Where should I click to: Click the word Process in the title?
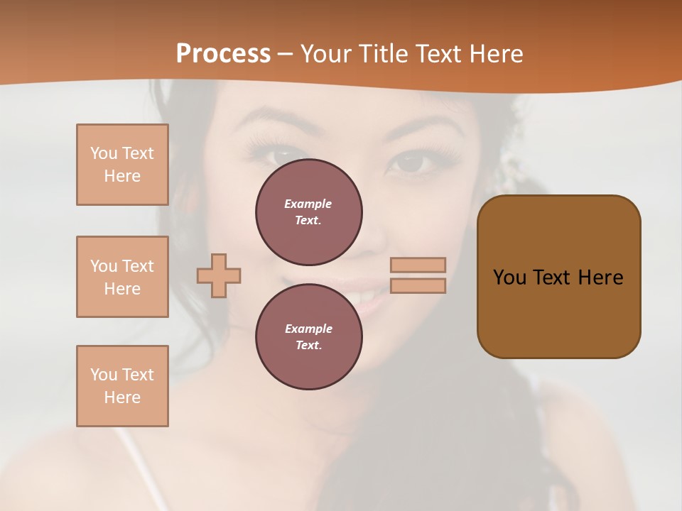[x=223, y=54]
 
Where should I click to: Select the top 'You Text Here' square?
[x=122, y=165]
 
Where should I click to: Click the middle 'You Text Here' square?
[x=122, y=277]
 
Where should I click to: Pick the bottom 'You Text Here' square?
[x=122, y=386]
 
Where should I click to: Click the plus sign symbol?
[x=219, y=275]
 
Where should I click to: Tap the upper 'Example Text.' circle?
[x=309, y=211]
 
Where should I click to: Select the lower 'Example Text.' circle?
[x=309, y=336]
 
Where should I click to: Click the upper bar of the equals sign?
[x=418, y=265]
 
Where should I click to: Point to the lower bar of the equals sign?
[x=418, y=285]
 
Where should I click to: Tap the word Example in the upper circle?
[x=308, y=204]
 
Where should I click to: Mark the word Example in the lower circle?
[x=308, y=329]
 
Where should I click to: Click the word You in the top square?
[x=104, y=153]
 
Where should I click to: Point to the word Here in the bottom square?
[x=122, y=397]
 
